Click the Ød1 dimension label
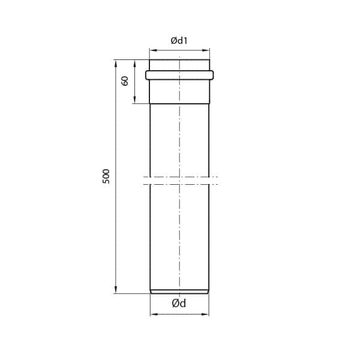tap(179, 41)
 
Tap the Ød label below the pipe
tap(179, 304)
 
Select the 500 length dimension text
tap(106, 176)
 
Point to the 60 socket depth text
tap(125, 80)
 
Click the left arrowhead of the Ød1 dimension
tap(152, 50)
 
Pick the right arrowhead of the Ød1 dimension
tap(207, 50)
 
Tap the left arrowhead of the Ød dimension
tap(152, 314)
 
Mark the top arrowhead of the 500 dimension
tap(116, 62)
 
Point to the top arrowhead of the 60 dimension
tap(134, 62)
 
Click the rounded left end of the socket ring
tap(147, 75)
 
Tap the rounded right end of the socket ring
tap(212, 75)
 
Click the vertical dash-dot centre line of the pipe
tap(179, 240)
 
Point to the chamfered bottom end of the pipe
tap(179, 292)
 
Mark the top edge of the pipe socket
tap(179, 59)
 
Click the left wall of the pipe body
tap(150, 228)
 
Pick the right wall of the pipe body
tap(209, 228)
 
